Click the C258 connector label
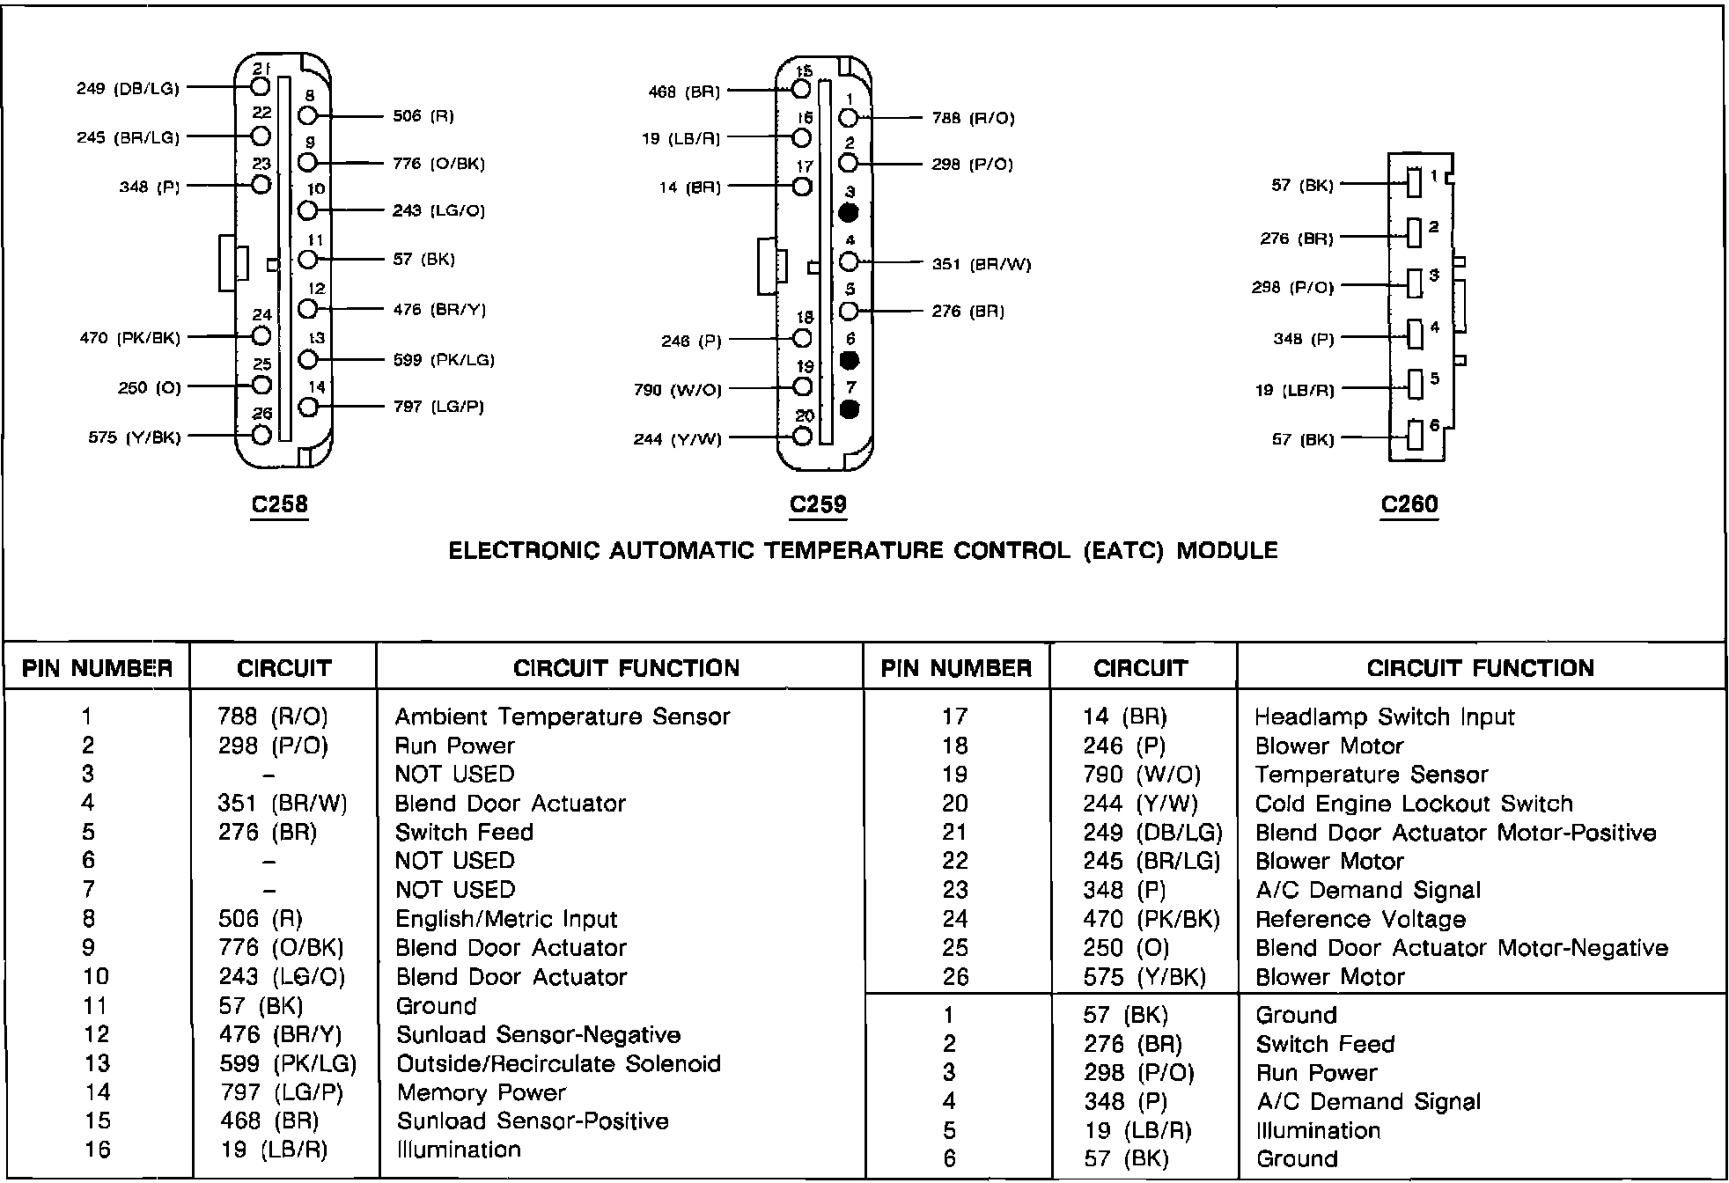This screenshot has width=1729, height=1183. click(279, 504)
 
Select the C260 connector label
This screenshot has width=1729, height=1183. click(1409, 504)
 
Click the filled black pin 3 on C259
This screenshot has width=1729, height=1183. click(849, 212)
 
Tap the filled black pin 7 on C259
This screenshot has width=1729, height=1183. click(849, 409)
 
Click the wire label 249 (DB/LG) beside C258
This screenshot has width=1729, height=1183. click(128, 88)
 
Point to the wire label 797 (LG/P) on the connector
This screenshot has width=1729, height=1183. click(438, 407)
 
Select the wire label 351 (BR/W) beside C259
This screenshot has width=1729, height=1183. click(982, 264)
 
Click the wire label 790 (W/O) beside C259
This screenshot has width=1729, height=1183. click(677, 389)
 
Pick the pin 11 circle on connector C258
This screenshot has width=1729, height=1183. click(307, 260)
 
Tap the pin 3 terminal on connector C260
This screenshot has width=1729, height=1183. click(1415, 283)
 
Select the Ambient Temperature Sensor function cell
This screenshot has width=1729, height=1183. click(563, 716)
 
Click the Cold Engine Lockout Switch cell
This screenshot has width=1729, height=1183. click(1414, 804)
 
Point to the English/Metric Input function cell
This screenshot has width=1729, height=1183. click(506, 919)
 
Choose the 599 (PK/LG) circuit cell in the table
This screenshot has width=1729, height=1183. click(288, 1063)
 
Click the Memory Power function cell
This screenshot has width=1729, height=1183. click(481, 1092)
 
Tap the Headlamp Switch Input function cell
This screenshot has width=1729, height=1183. click(1384, 716)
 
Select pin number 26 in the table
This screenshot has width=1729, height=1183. click(955, 977)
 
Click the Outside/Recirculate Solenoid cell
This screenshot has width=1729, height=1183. click(558, 1063)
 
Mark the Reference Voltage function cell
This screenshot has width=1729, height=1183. click(1360, 919)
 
